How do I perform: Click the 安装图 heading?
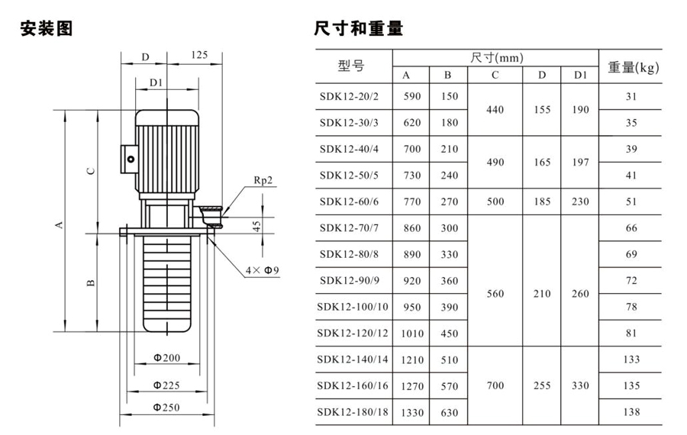(47, 29)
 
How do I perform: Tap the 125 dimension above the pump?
(199, 55)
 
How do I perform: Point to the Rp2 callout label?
(263, 181)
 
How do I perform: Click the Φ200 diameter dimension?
(166, 358)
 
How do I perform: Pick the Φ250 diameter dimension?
(166, 408)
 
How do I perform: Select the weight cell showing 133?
(631, 359)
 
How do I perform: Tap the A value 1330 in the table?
(407, 413)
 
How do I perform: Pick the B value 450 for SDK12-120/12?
(450, 333)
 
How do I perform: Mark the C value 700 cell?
(495, 385)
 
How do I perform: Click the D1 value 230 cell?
(580, 202)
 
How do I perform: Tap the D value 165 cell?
(542, 163)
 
